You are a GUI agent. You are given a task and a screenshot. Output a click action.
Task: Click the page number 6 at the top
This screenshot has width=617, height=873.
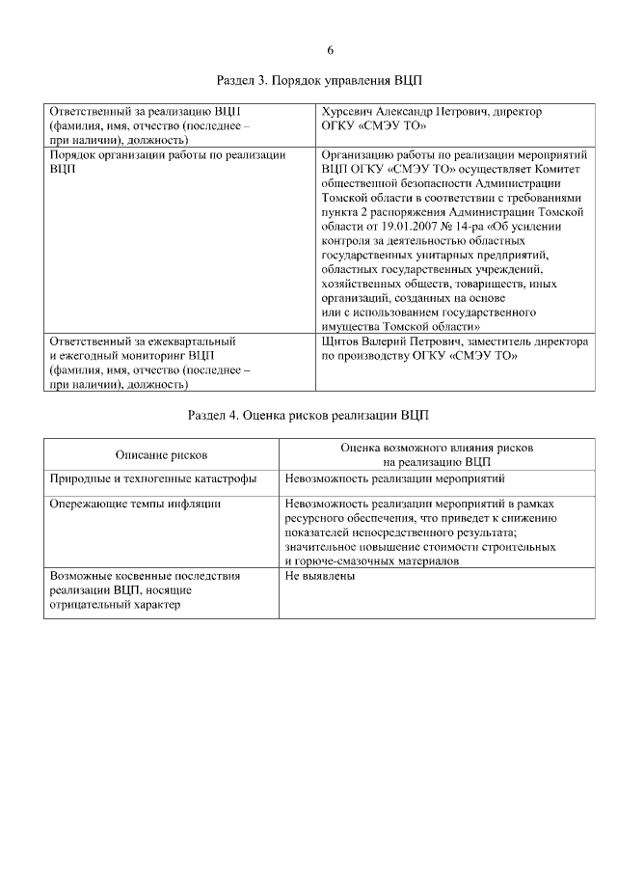[x=330, y=50]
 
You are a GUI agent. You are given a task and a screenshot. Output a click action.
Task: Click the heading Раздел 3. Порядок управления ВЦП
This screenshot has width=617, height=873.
[x=319, y=81]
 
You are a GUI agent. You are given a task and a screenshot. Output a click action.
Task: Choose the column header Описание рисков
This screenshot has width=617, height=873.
[x=161, y=454]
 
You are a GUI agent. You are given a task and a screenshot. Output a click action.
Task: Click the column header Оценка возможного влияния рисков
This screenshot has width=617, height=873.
[x=437, y=449]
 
